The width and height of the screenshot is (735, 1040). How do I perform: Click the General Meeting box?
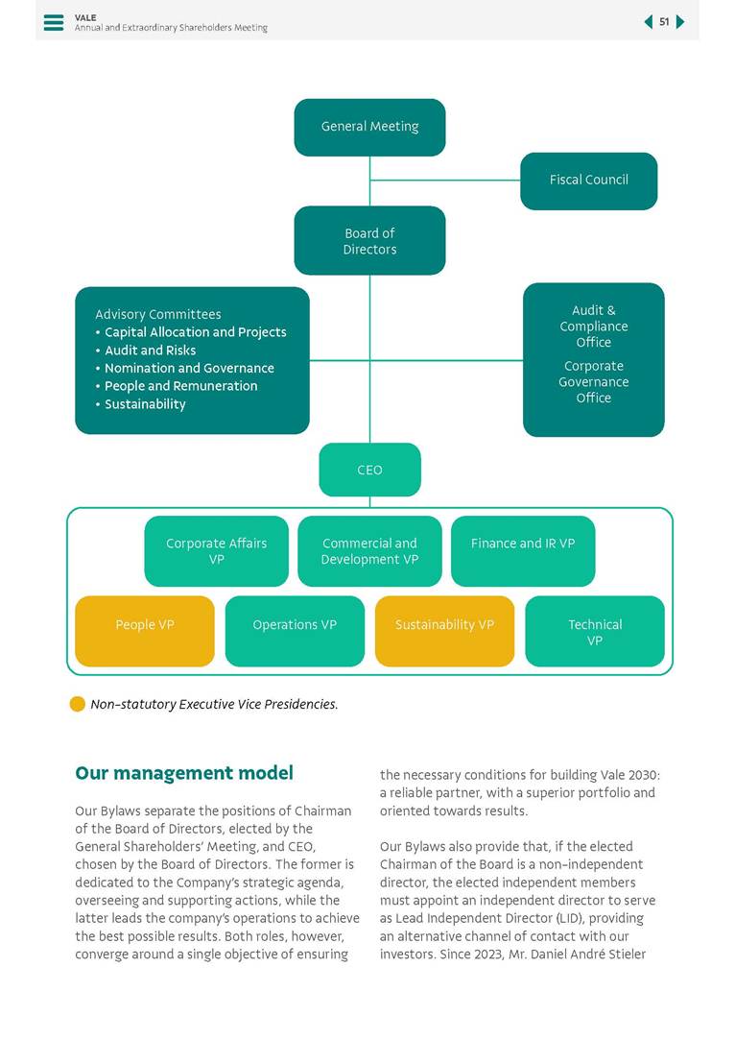369,127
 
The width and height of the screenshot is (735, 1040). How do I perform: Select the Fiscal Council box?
588,181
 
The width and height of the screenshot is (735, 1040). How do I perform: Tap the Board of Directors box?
369,241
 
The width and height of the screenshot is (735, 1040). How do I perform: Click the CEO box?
369,470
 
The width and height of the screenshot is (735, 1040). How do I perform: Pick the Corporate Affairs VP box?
216,551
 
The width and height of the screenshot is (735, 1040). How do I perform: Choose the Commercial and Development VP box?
369,551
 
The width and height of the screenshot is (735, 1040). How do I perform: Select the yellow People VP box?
145,631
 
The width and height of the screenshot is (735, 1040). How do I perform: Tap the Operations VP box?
295,631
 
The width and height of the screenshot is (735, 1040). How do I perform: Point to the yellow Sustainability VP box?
444,631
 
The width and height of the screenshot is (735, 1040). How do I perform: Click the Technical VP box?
595,631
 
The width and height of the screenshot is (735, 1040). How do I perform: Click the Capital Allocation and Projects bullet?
195,332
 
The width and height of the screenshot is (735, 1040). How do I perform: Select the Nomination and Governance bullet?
189,369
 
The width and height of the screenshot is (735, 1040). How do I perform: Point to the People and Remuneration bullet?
180,386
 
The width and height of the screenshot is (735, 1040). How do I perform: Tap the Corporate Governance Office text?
593,382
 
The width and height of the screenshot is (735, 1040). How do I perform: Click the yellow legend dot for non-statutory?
78,704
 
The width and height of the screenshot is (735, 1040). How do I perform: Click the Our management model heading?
184,773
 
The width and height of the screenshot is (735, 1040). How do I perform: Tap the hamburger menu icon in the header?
54,22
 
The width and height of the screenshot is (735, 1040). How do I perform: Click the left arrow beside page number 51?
649,22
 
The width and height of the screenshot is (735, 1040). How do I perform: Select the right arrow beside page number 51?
680,22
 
